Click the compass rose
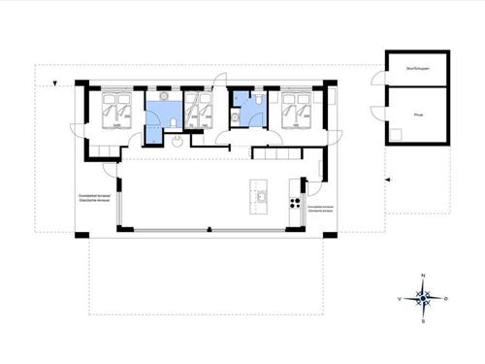[x=423, y=300]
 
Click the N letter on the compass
[x=423, y=278]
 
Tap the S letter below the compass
[x=423, y=322]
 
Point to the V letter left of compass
[x=400, y=300]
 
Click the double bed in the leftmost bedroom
[x=117, y=112]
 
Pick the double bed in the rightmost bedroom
[x=295, y=112]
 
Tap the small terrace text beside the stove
[x=319, y=209]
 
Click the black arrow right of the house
[x=385, y=180]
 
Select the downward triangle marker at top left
[x=59, y=85]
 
